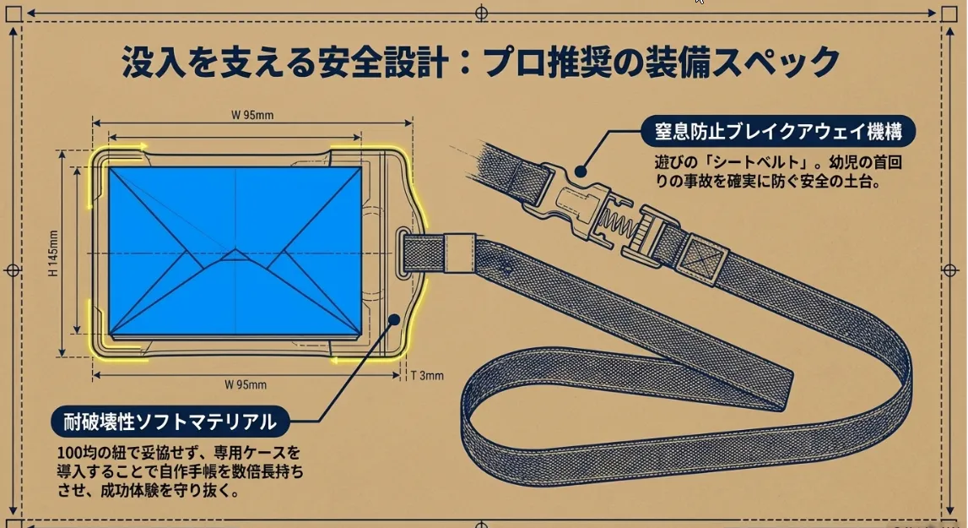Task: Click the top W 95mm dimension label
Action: pos(251,115)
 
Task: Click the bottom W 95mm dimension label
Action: pos(245,384)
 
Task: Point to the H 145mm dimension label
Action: pos(53,253)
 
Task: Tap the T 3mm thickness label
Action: pos(427,375)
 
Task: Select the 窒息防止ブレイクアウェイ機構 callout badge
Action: pos(778,132)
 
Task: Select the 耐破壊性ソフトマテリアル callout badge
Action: pos(170,422)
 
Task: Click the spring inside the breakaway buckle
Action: pos(615,225)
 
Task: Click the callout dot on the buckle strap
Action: pos(581,171)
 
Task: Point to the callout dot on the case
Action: pos(394,319)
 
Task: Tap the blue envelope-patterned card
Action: pos(235,251)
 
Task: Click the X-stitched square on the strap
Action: pos(701,255)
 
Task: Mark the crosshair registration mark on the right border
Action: pos(950,270)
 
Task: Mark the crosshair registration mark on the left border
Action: pos(13,270)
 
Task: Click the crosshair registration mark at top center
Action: pos(482,13)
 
